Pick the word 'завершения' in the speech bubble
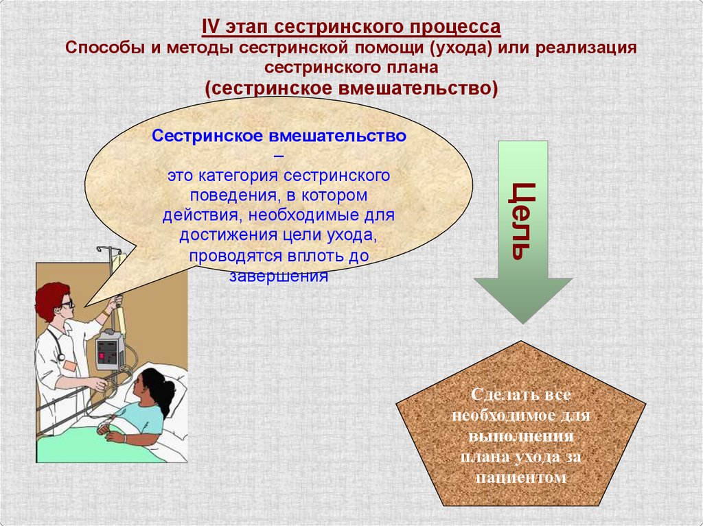point(279,277)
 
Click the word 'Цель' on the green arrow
point(521,221)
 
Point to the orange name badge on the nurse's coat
point(69,366)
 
